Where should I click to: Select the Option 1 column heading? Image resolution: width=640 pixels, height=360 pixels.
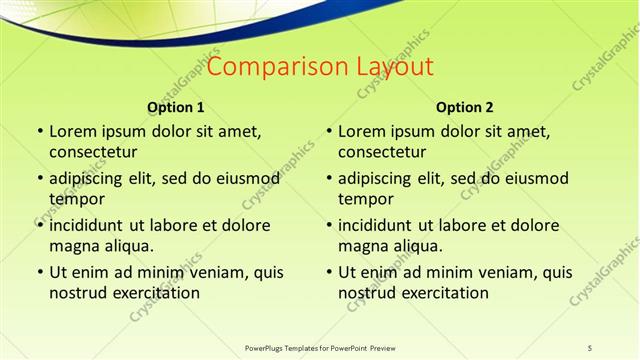(176, 107)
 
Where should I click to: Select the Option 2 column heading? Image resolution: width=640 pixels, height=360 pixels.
(465, 107)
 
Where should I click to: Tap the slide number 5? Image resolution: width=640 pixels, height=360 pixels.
(590, 347)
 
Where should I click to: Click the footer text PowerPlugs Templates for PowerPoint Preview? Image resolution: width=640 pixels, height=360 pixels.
(319, 347)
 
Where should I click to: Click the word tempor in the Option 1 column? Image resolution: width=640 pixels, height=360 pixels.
(76, 199)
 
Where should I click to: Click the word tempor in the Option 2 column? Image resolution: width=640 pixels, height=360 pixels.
(365, 199)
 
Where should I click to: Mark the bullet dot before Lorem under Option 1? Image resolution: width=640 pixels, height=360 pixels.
(40, 131)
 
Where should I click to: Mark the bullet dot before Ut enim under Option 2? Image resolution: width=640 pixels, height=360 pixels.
(329, 272)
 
